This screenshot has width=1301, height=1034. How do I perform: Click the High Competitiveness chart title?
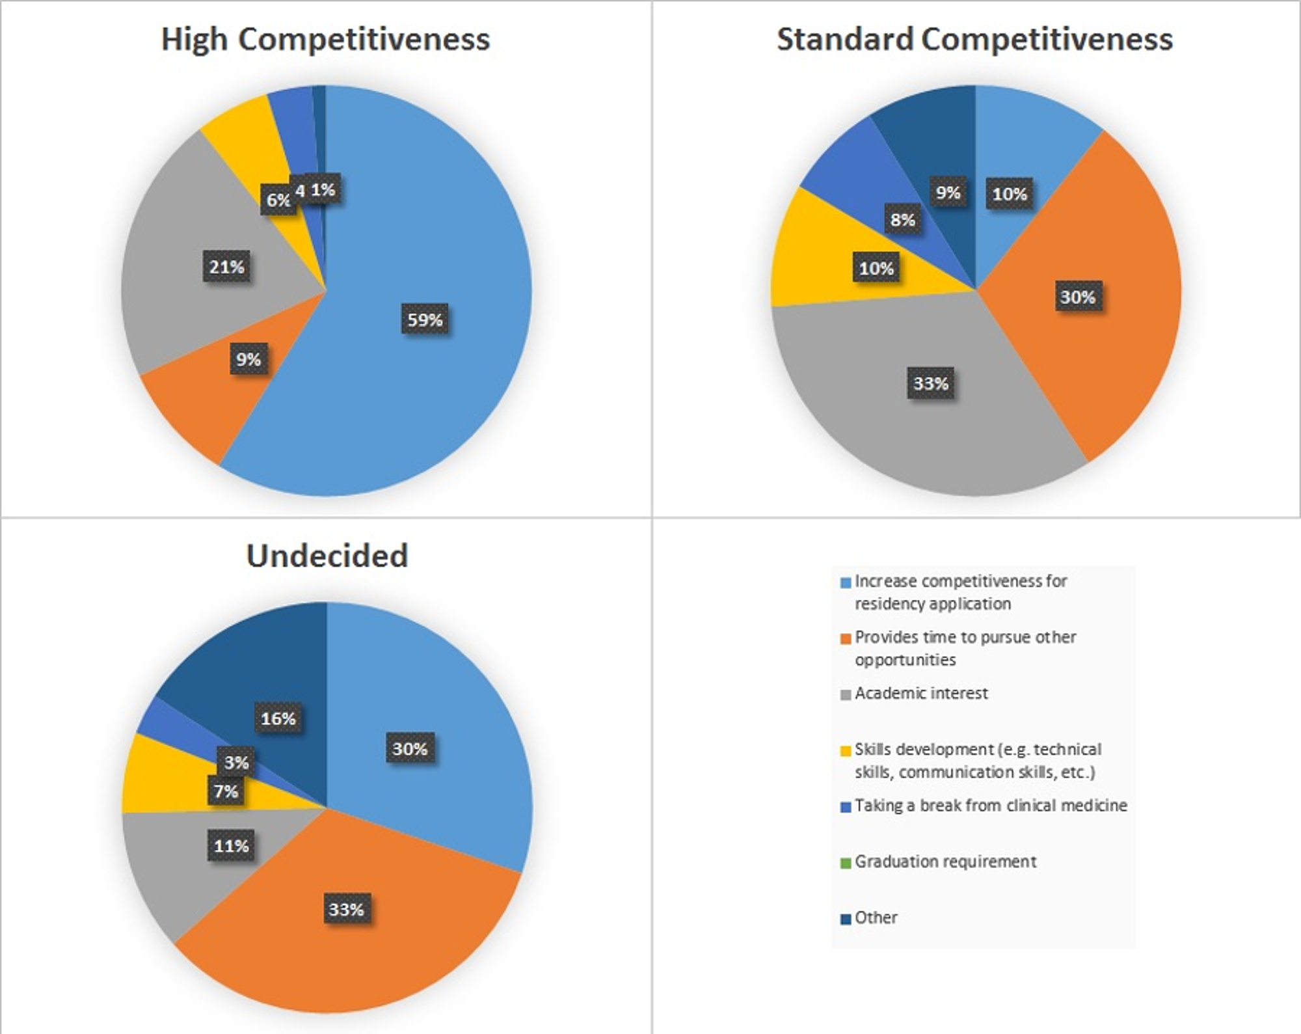325,39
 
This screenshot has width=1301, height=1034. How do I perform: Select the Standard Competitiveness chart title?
974,39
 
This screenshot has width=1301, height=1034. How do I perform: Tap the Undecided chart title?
327,556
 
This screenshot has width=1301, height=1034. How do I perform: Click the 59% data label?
425,320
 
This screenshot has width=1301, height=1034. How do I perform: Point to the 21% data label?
226,267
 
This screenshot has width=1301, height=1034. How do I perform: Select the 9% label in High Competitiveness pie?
248,359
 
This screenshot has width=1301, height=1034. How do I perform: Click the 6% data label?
278,200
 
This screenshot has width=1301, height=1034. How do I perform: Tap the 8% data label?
902,220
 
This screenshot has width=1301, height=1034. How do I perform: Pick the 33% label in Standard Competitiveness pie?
930,383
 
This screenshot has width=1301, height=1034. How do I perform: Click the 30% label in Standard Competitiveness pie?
1077,297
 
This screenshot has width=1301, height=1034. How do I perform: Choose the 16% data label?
278,718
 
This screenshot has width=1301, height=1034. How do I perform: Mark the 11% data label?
232,846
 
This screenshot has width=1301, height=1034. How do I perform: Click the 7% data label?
226,791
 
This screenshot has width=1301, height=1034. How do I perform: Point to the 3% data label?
236,762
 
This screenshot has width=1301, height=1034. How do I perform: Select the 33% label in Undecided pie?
345,909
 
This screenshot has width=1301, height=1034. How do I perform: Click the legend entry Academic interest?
921,694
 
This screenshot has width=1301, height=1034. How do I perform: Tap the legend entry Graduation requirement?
945,862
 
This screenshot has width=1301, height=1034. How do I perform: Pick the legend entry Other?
876,918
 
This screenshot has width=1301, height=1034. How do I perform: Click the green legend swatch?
846,864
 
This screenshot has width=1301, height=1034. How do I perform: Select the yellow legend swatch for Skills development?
846,751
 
